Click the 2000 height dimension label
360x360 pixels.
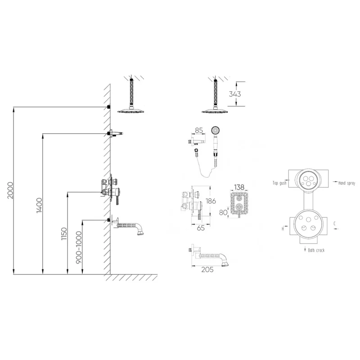coord(10,190)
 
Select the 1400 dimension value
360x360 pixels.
coord(40,205)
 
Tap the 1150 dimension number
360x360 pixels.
coord(64,234)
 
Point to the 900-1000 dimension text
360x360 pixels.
coord(79,247)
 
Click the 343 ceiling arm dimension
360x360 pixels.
coord(235,94)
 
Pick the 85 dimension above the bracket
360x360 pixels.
coord(199,130)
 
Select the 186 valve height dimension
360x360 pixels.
coord(211,201)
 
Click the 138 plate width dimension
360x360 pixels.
coord(239,187)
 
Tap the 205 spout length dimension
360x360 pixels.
coord(207,270)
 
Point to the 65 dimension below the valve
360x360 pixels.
coord(201,228)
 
